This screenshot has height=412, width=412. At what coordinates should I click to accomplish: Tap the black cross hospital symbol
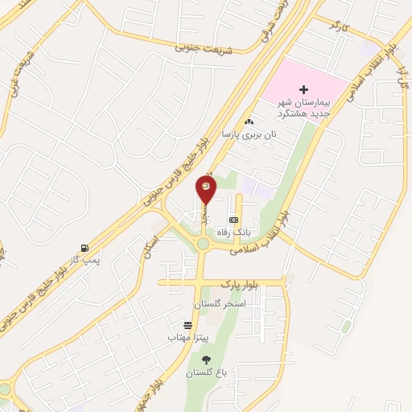pyautogui.click(x=303, y=89)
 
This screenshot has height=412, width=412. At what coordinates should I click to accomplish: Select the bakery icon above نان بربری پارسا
pyautogui.click(x=249, y=121)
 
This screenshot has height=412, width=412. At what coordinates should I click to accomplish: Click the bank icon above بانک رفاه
pyautogui.click(x=233, y=219)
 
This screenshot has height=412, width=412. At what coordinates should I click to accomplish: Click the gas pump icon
pyautogui.click(x=84, y=248)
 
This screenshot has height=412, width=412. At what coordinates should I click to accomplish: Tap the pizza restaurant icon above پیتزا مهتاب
pyautogui.click(x=187, y=325)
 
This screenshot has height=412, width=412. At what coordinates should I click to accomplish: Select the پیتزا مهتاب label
pyautogui.click(x=187, y=337)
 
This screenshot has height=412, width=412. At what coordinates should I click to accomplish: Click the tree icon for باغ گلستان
pyautogui.click(x=206, y=360)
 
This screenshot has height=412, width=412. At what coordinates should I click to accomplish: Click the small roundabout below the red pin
pyautogui.click(x=203, y=244)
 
